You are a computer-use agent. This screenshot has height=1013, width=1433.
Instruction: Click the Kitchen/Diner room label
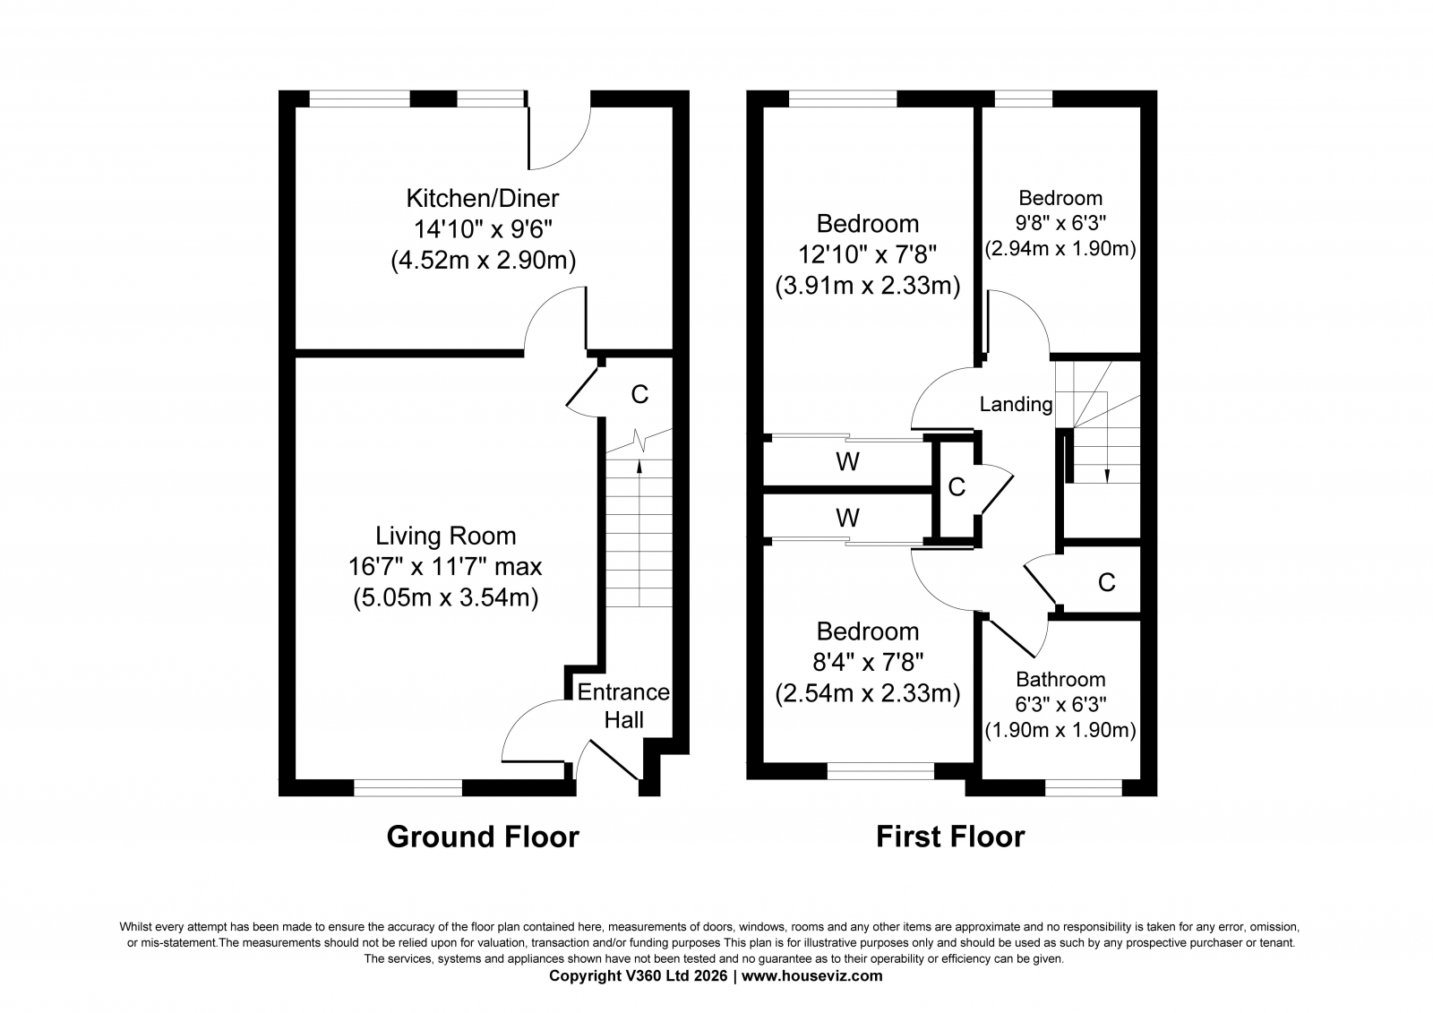[x=483, y=198]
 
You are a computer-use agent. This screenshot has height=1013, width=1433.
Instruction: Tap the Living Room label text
[x=445, y=536]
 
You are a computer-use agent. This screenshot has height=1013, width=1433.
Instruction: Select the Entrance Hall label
[x=623, y=706]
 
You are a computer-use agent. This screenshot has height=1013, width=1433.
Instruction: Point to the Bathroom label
[x=1060, y=679]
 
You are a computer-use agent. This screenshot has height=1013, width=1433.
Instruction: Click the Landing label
[x=1016, y=404]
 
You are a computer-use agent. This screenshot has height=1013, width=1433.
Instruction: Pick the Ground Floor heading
[x=483, y=837]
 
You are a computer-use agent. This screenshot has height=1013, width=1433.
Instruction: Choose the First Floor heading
[x=950, y=837]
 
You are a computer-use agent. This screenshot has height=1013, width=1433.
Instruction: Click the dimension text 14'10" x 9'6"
[x=483, y=229]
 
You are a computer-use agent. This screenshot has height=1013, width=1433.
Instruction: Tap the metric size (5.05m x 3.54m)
[x=445, y=597]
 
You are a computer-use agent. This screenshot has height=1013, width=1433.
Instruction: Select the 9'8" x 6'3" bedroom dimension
[x=1060, y=223]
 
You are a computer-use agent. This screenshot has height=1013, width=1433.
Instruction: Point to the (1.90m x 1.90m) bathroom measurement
[x=1060, y=730]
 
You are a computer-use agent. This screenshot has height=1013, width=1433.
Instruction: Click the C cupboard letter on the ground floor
[x=639, y=394]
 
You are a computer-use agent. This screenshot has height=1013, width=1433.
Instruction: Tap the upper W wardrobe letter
[x=847, y=461]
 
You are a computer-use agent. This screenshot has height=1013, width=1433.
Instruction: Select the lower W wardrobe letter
[x=847, y=517]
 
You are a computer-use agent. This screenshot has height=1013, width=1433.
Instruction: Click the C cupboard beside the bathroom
[x=1106, y=581]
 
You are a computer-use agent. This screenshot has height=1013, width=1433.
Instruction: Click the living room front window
[x=408, y=788]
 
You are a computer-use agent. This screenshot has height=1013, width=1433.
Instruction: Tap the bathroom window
[x=1084, y=788]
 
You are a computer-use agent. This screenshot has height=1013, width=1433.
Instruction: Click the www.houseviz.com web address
[x=811, y=976]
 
